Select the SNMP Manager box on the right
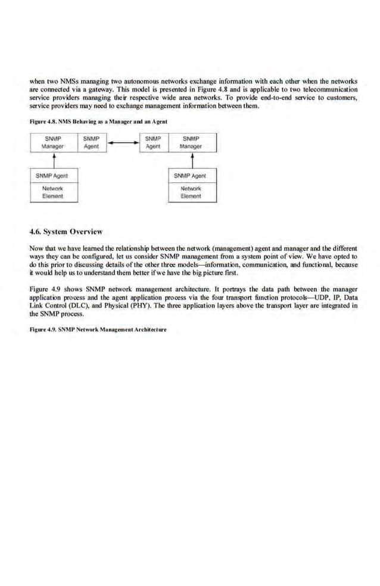[192, 142]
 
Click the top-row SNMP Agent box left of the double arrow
[91, 142]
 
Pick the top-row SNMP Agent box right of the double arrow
[154, 142]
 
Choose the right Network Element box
[192, 192]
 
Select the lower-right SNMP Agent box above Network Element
[192, 176]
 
